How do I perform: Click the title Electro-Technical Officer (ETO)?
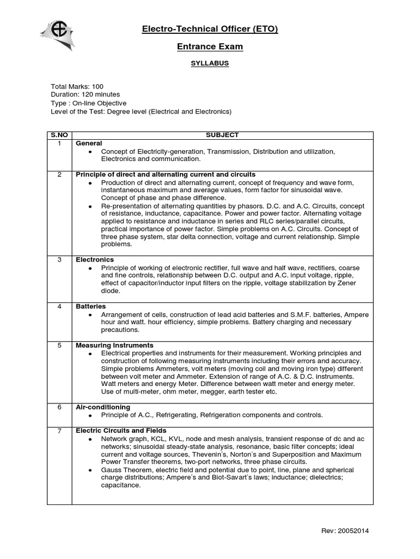210,29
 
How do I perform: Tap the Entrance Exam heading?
210,47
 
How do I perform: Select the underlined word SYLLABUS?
210,63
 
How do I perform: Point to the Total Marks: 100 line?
77,87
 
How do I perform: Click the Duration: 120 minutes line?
85,95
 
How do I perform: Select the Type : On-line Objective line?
89,103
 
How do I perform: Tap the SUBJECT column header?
222,135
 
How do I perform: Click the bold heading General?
89,143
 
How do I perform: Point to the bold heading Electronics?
95,260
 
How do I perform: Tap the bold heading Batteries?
91,307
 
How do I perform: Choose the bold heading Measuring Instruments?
114,346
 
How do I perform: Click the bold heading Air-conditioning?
103,407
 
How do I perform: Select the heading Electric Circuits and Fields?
121,431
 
